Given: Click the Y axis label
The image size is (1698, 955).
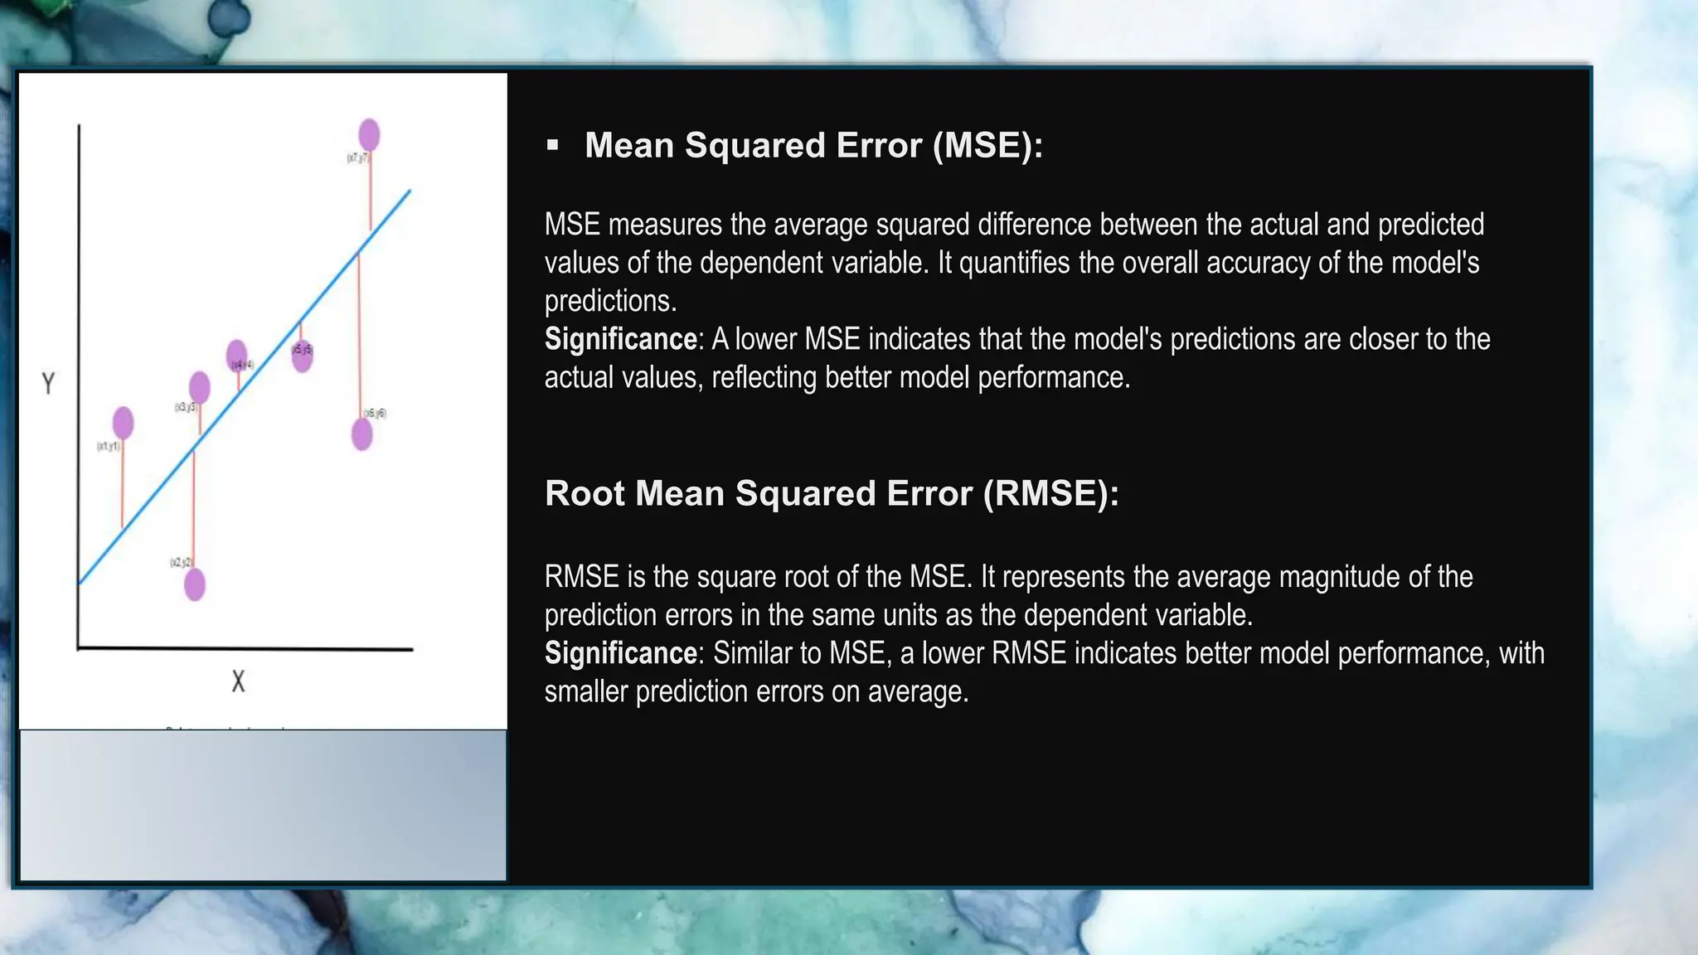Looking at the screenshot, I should [x=48, y=383].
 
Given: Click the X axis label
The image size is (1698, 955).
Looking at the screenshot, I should [x=238, y=681].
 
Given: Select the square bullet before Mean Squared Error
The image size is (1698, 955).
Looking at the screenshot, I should [x=553, y=146].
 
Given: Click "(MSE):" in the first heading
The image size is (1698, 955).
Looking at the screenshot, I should [x=987, y=146].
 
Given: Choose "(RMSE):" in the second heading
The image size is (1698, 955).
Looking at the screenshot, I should [x=1050, y=493].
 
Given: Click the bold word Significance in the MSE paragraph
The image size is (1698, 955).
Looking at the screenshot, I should [x=620, y=339].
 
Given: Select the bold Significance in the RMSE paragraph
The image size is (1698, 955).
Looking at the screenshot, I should [x=620, y=653].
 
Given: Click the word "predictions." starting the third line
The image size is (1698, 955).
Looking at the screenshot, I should [x=610, y=301].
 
